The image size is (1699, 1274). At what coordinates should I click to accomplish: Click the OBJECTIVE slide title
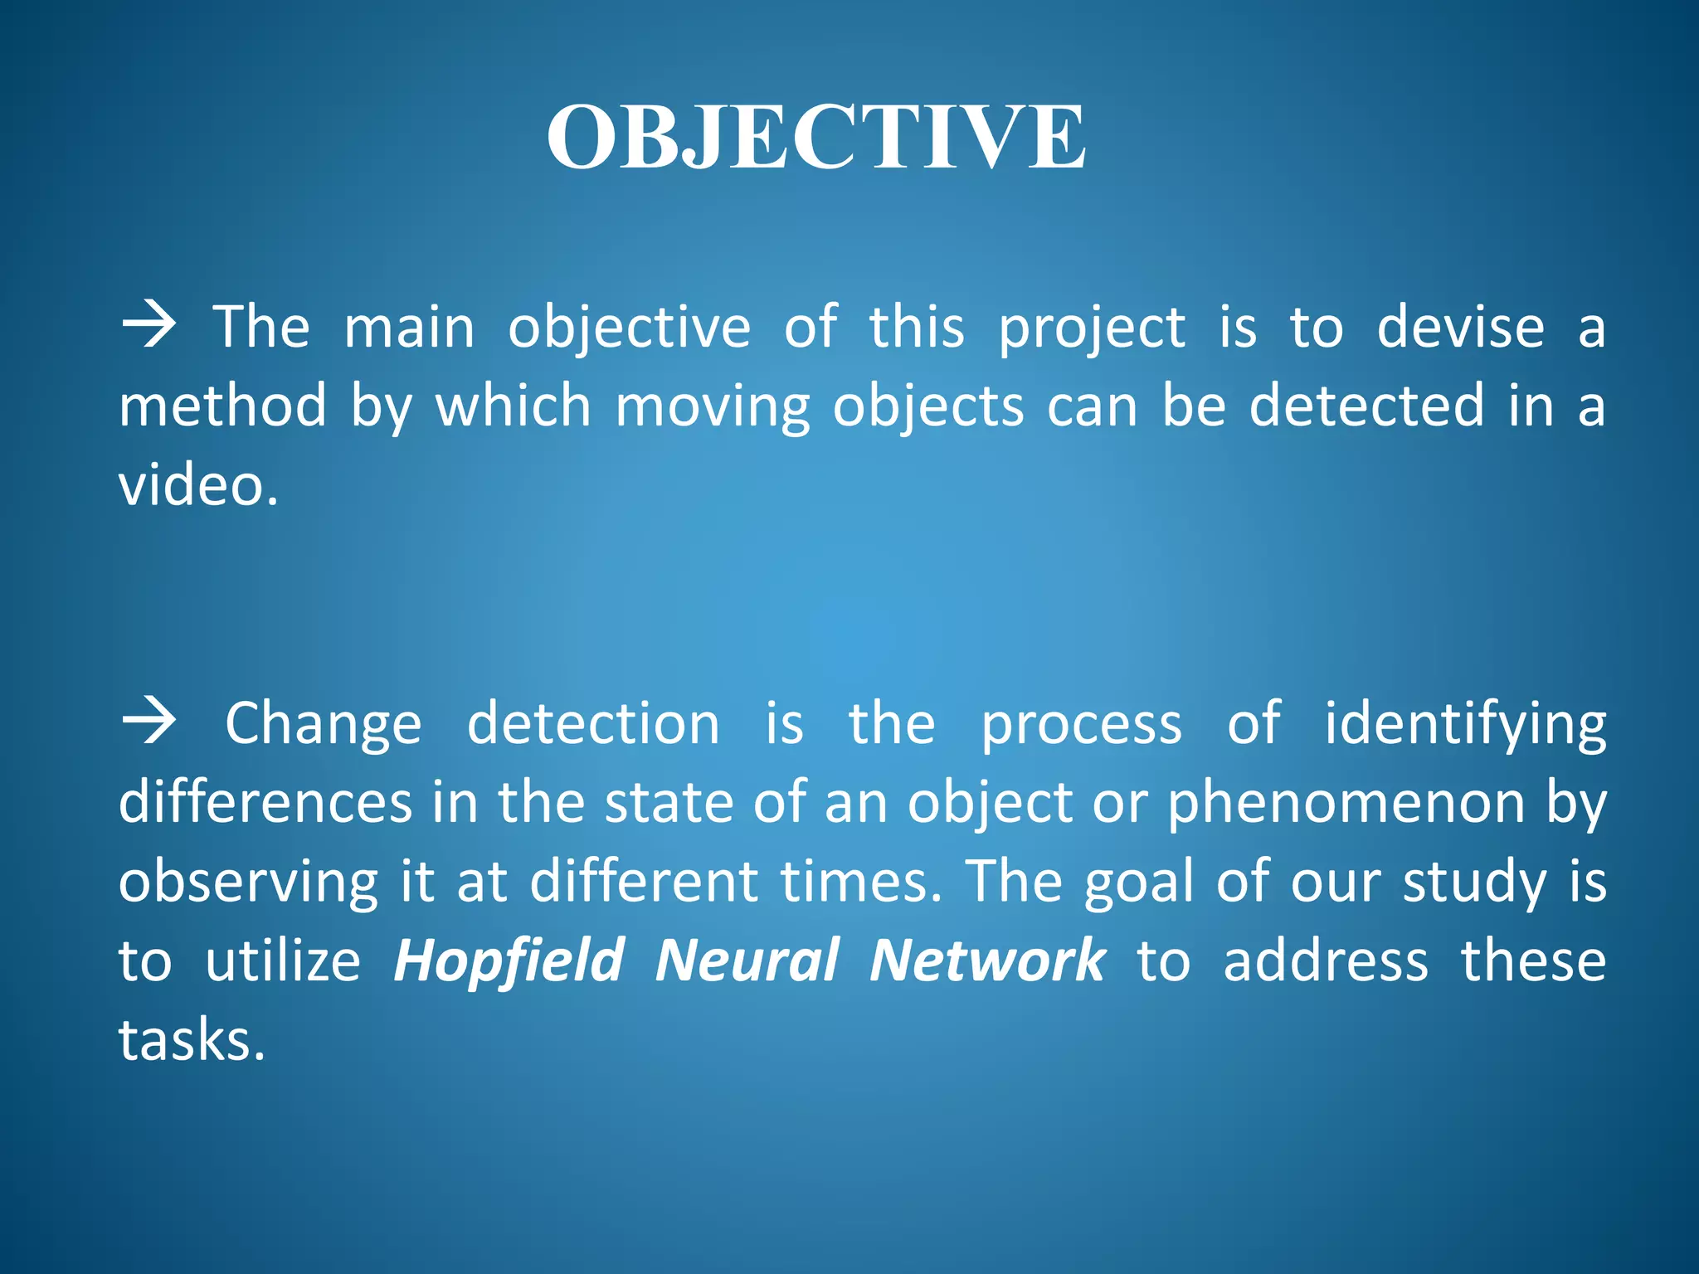[815, 138]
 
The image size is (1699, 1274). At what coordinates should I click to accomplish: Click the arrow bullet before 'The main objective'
[149, 326]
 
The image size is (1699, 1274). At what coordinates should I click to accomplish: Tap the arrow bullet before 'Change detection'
[149, 722]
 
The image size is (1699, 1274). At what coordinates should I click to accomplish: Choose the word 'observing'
[248, 883]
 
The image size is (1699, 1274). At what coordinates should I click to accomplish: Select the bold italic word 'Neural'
[747, 960]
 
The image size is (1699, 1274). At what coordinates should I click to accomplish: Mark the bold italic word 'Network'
[987, 960]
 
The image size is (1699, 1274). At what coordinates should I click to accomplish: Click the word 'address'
[1325, 960]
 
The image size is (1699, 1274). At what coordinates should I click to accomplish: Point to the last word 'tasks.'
[192, 1039]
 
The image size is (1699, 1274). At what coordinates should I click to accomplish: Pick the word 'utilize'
[283, 960]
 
